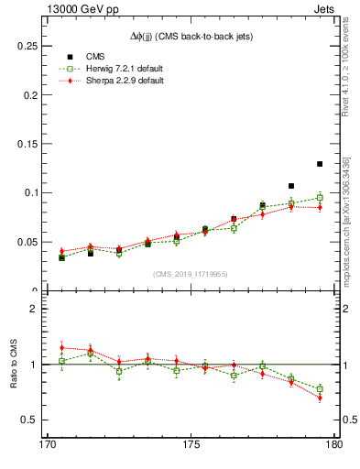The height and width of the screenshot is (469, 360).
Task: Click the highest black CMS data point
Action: [x=320, y=164]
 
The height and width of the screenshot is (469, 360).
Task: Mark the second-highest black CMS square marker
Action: [x=291, y=186]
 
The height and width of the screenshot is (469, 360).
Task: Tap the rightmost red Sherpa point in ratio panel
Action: [x=320, y=398]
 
